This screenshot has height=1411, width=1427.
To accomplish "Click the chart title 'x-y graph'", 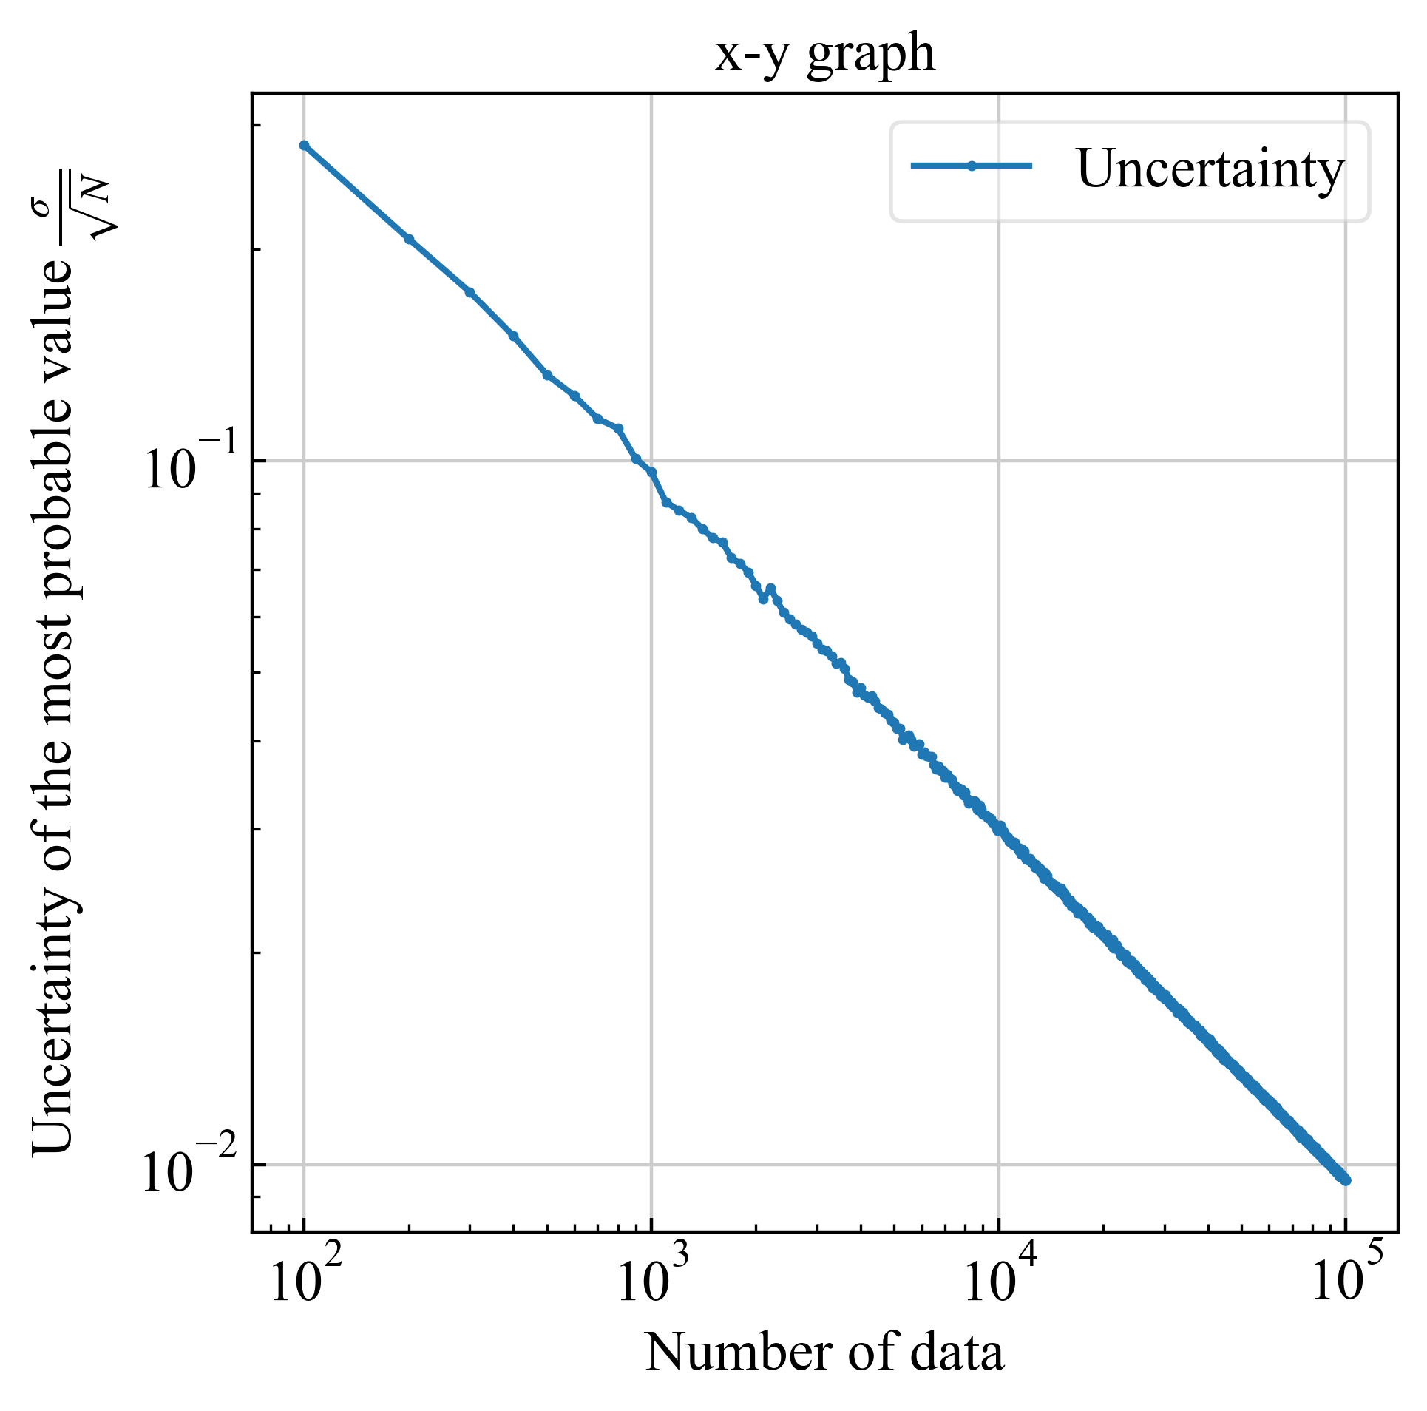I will [x=824, y=55].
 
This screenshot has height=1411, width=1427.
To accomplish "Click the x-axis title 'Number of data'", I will [x=824, y=1353].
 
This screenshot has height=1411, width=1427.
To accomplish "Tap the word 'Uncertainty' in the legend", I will [x=1210, y=169].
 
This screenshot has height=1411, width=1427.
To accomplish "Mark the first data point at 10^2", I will [x=304, y=146].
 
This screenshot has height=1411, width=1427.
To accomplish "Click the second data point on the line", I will [x=409, y=239].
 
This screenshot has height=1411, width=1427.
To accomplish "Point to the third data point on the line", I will [x=470, y=292].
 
